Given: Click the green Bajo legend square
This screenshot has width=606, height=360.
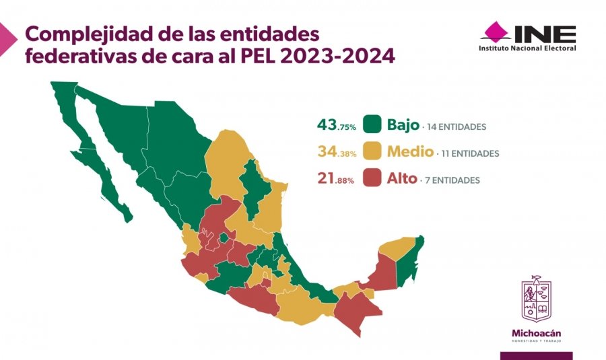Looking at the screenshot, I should click(372, 125).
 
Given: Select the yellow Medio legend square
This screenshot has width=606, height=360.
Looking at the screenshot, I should click(372, 152).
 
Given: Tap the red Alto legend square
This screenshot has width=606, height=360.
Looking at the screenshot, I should click(372, 179).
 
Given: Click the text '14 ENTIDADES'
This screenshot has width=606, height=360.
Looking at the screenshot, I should click(456, 127).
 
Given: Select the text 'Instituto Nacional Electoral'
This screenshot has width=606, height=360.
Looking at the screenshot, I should click(527, 48).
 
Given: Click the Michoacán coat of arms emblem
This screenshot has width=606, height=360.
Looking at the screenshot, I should click(536, 299).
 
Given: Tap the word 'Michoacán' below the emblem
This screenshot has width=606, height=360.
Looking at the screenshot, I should click(537, 333).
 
